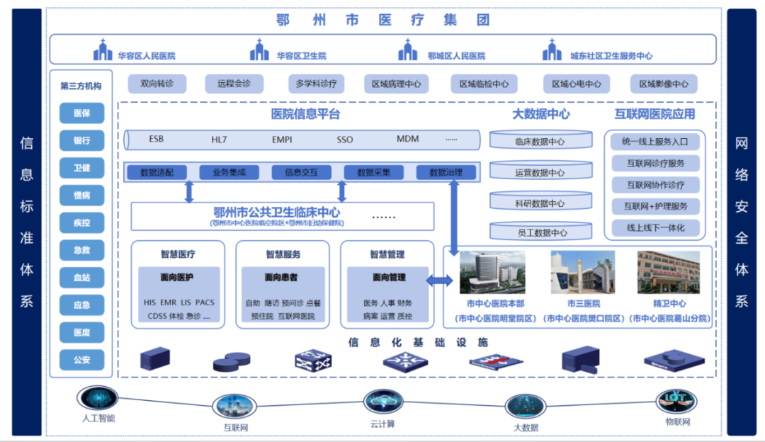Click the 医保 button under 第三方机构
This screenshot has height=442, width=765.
pos(81,113)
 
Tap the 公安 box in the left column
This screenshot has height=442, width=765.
pos(81,360)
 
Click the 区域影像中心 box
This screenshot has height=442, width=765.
pos(663,84)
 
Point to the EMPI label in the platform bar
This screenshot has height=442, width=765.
pos(281,140)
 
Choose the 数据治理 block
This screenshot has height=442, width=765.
pos(446,172)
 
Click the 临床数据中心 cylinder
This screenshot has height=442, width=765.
pos(540,140)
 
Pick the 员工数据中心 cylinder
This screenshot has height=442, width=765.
pos(540,232)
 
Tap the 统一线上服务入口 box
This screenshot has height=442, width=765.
pos(655,141)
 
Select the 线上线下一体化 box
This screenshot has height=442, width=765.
pos(655,228)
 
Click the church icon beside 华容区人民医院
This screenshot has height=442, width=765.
pos(103,51)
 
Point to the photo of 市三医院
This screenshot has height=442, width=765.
pos(582,272)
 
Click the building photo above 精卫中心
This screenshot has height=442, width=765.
pos(669,272)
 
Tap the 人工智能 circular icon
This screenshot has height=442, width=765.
pos(97,397)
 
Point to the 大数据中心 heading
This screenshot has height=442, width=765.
pos(540,114)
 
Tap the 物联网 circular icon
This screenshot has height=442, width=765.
pos(676,401)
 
